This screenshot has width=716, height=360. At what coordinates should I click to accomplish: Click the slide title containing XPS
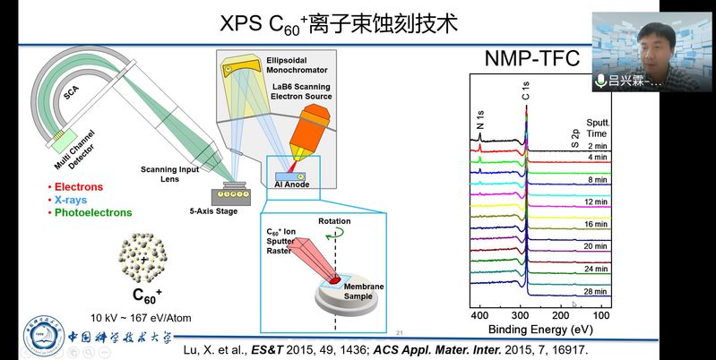[339, 22]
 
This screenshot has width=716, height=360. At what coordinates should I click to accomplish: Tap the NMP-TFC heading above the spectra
[531, 60]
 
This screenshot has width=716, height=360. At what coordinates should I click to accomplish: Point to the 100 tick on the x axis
[602, 315]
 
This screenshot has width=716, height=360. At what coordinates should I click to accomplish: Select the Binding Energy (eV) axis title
[540, 331]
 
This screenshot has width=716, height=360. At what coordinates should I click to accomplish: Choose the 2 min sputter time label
[598, 145]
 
